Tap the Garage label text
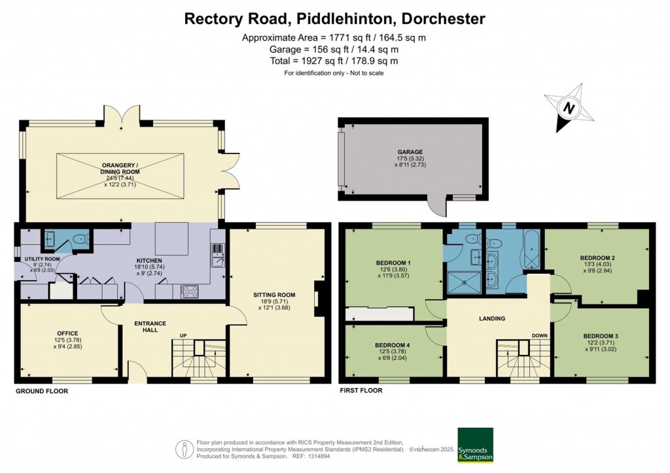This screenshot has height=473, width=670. pos(412,152)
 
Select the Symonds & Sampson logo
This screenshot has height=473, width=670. pos(474,445)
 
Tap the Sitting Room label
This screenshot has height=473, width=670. pos(276,295)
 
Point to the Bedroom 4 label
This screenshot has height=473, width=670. pos(393,345)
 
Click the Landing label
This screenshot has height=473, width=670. pos(491,319)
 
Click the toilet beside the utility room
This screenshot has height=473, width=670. pos(79,240)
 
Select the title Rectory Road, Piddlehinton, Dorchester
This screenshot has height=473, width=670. pos(334,18)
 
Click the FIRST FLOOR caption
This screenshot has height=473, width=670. pos(361,390)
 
